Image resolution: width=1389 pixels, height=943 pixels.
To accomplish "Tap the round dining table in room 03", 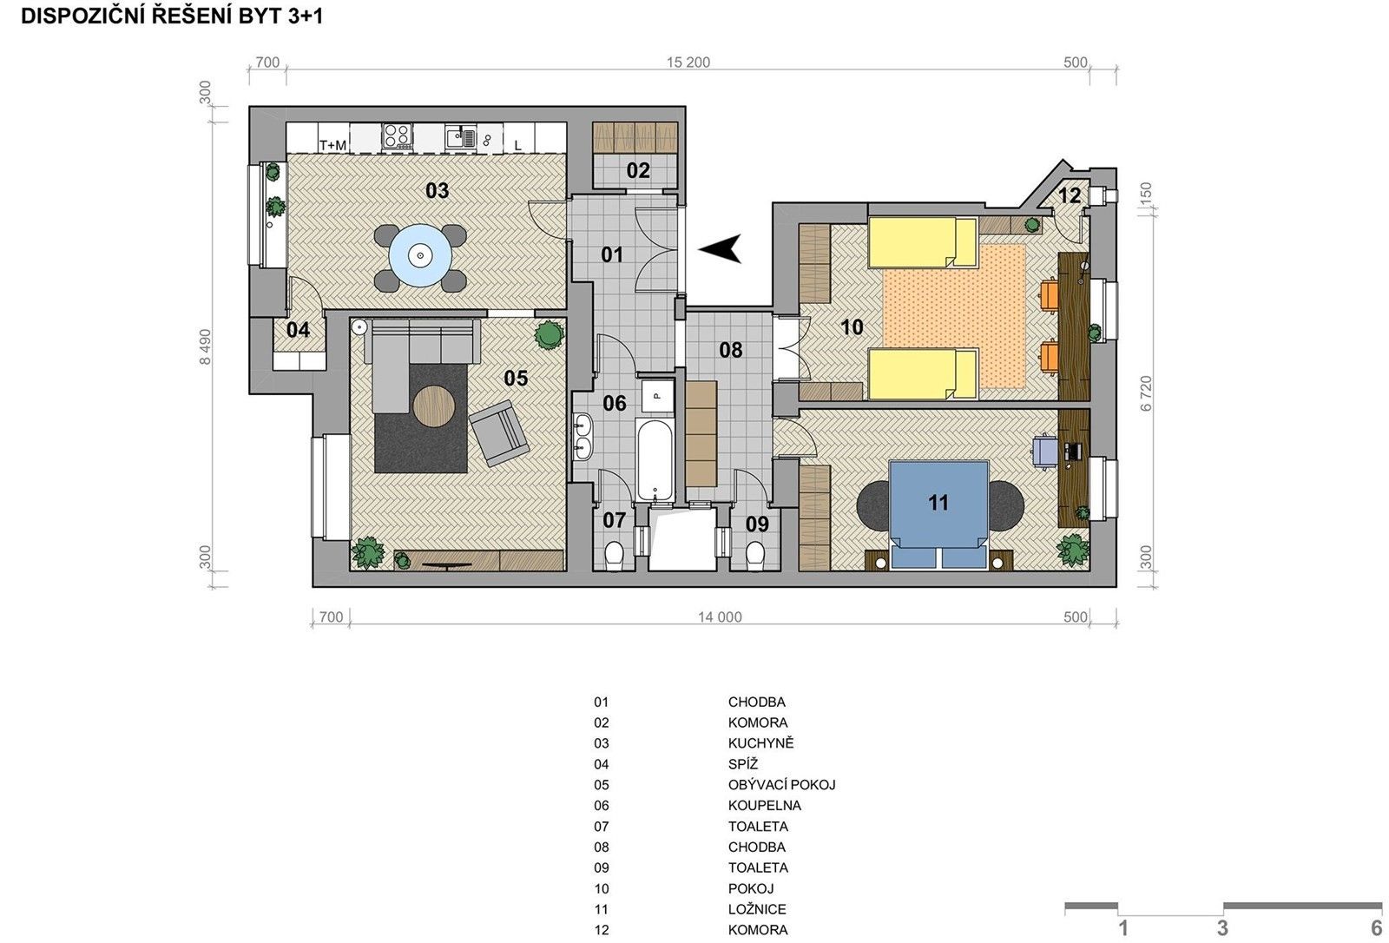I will [420, 255].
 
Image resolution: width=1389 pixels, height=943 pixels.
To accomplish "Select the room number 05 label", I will [516, 378].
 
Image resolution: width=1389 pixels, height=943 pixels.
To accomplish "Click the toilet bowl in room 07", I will [614, 556].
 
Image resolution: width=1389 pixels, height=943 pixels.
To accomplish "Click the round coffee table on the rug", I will [435, 406].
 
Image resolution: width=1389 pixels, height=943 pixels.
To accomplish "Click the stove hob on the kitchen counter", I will [398, 135].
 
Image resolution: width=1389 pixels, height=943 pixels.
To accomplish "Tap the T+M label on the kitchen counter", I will [332, 145].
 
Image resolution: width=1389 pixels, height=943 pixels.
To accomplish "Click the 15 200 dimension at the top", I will [688, 63].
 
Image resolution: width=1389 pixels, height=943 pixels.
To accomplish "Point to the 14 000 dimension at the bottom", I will [720, 617].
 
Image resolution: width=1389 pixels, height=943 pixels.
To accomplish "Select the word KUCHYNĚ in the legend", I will [760, 743].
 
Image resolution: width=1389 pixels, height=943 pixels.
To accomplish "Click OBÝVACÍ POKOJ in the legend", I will [781, 785].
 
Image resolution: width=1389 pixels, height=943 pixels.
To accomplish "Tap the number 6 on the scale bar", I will [1376, 928].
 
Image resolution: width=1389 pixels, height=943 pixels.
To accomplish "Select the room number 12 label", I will [1070, 195].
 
